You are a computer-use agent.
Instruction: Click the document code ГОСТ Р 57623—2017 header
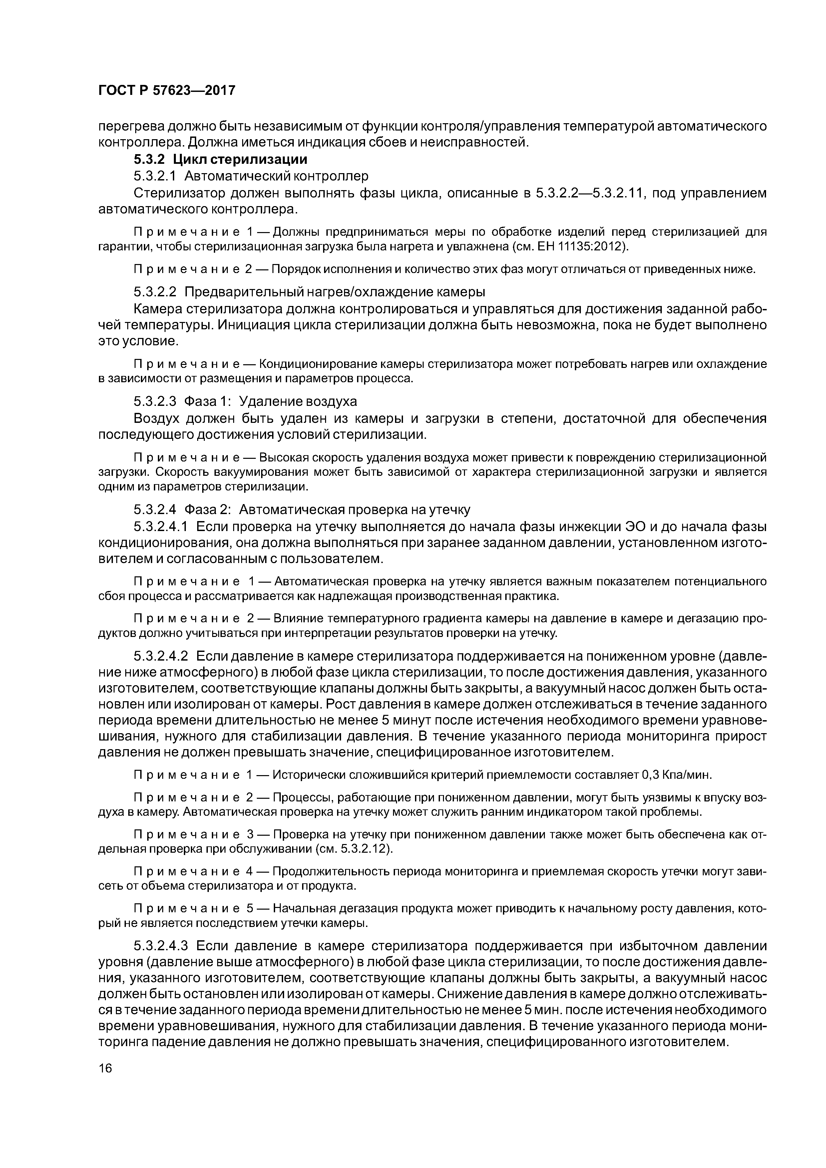pyautogui.click(x=167, y=91)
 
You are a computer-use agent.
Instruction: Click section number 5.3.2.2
pyautogui.click(x=155, y=292)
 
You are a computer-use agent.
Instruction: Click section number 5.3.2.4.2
pyautogui.click(x=161, y=656)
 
